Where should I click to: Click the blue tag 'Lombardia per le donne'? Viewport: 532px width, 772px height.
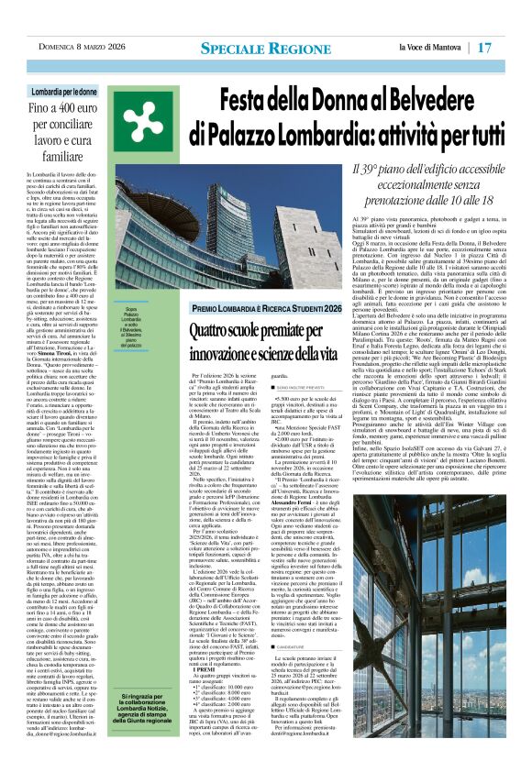pos(64,93)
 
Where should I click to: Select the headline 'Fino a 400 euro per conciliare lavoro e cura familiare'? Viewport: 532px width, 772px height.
pos(64,130)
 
